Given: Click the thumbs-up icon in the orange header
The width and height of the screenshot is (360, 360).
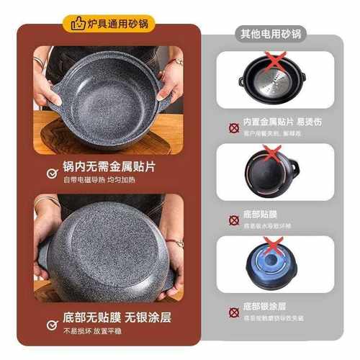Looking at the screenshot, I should coord(77,23).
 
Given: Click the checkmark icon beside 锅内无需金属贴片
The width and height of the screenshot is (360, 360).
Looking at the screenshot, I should coord(50,173).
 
